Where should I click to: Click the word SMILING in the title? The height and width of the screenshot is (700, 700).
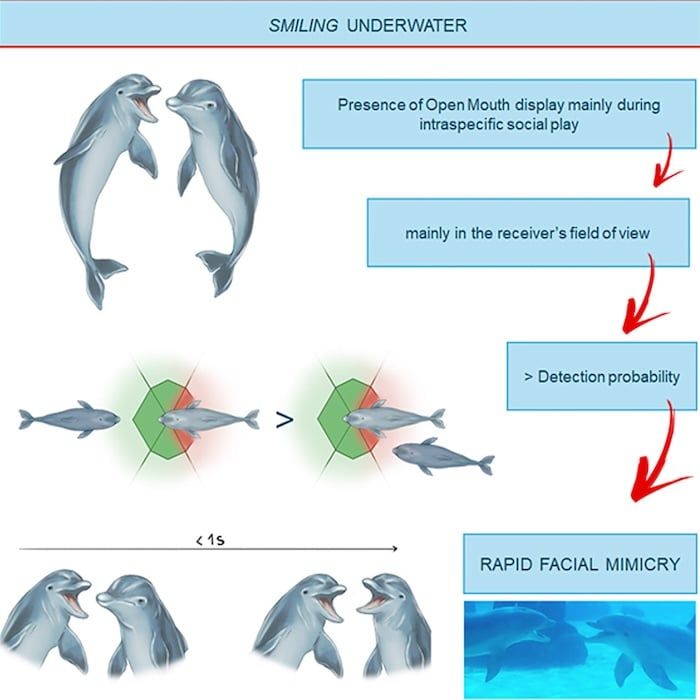click(303, 25)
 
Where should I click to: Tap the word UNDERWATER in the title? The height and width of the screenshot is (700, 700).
click(407, 25)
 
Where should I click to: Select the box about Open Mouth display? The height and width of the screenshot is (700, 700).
click(499, 114)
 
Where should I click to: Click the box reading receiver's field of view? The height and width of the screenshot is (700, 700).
click(528, 233)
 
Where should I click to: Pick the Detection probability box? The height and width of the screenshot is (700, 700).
click(602, 376)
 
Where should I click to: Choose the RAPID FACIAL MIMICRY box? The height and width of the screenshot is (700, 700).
click(580, 563)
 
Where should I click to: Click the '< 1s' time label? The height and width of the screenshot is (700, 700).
click(210, 540)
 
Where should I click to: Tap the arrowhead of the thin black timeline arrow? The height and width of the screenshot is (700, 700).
click(395, 549)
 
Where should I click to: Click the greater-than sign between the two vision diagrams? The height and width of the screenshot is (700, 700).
click(284, 420)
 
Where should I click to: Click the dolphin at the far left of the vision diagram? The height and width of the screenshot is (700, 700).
click(69, 419)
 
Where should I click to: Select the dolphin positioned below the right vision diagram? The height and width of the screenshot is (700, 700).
click(443, 456)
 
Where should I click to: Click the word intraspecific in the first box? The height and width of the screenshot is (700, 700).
click(452, 124)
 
